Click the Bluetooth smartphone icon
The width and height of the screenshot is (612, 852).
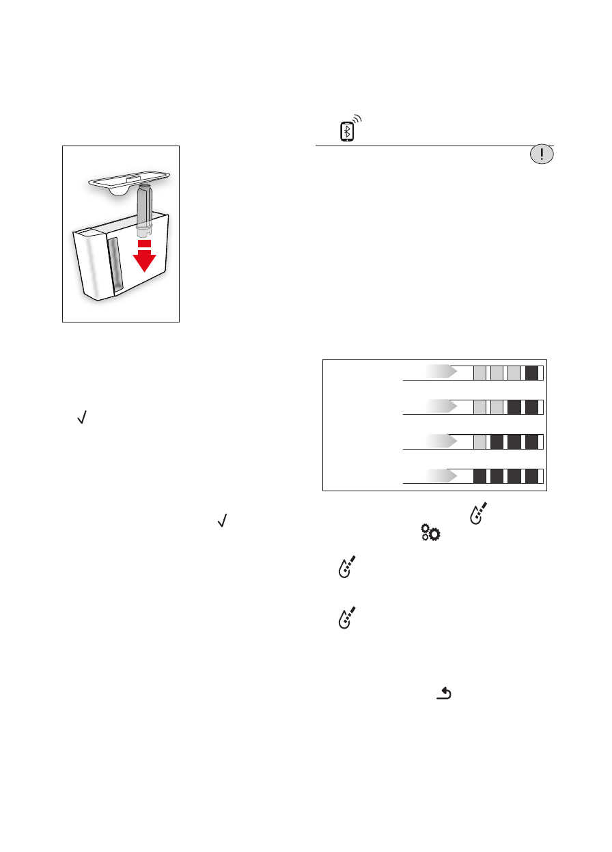click(x=347, y=131)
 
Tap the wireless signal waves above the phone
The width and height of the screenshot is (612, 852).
click(x=357, y=120)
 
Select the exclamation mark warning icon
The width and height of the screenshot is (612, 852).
click(x=542, y=154)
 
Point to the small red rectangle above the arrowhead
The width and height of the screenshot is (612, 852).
click(x=144, y=243)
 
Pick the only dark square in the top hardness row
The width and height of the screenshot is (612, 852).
click(x=531, y=372)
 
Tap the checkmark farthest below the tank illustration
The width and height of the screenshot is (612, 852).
click(x=221, y=521)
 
